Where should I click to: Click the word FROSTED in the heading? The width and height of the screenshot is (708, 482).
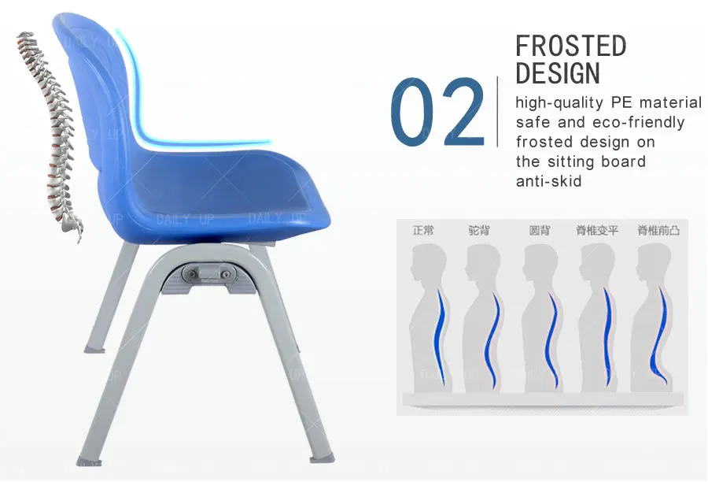coord(570,46)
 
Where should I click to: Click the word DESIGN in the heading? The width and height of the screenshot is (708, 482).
coord(558,73)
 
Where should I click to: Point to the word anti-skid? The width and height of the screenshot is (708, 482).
coord(548,181)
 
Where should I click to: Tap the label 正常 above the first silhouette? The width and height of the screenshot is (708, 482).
coord(423,231)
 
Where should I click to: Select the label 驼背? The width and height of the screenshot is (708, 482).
coord(479,231)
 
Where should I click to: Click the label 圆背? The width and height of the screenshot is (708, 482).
coord(540,231)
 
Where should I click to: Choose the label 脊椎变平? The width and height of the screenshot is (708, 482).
coord(597,231)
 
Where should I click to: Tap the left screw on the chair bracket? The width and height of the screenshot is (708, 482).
coord(193,273)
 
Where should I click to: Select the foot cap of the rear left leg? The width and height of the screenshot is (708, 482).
coord(94,348)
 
